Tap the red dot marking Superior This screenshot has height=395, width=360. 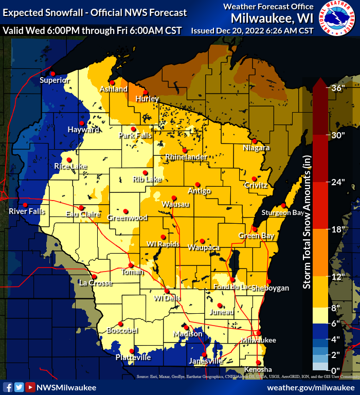(x=52, y=74)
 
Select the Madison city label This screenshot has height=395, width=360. (x=188, y=334)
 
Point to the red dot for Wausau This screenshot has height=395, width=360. (x=174, y=197)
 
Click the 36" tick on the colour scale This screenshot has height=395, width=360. (x=338, y=88)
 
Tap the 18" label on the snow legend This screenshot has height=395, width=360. (x=338, y=229)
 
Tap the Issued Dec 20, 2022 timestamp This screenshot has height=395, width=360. (x=252, y=30)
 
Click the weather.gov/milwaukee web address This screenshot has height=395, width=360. (x=311, y=386)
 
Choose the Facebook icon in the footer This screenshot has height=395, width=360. (x=8, y=387)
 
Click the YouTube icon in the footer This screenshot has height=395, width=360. (x=30, y=387)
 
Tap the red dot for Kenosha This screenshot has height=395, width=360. (x=259, y=362)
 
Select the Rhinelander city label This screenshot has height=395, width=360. (x=186, y=157)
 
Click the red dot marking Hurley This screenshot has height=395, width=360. (x=145, y=92)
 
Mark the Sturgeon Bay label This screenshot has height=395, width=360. (x=283, y=212)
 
